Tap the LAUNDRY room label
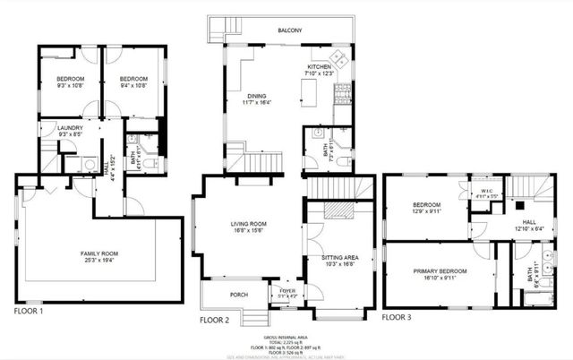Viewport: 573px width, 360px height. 70,128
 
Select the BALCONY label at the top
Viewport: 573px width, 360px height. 289,31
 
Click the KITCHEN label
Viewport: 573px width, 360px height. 320,67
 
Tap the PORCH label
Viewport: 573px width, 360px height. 214,294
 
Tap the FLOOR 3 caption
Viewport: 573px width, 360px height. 398,317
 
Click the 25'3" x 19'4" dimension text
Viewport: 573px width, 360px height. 94,261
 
